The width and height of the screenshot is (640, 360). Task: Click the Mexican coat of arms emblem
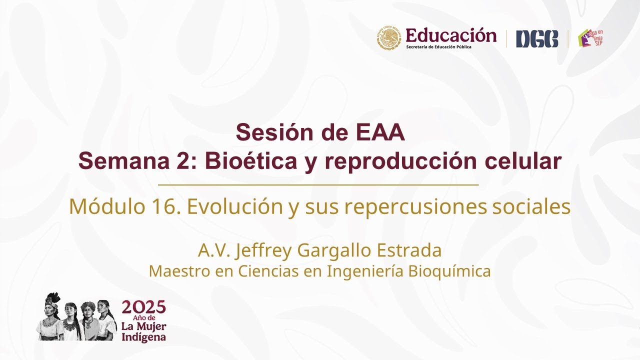pyautogui.click(x=389, y=38)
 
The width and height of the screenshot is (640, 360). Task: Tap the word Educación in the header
pyautogui.click(x=451, y=35)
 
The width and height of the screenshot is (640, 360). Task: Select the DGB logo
pyautogui.click(x=536, y=39)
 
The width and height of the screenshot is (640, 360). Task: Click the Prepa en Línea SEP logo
pyautogui.click(x=591, y=38)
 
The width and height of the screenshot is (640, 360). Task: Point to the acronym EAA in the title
pyautogui.click(x=380, y=132)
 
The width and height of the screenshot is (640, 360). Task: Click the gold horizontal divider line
pyautogui.click(x=318, y=185)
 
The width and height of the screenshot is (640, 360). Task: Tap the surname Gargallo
pyautogui.click(x=330, y=250)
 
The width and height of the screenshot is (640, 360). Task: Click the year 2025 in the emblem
pyautogui.click(x=143, y=306)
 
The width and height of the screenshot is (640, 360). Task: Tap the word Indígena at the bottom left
pyautogui.click(x=143, y=337)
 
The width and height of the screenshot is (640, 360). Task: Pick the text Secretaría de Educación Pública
pyautogui.click(x=438, y=47)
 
